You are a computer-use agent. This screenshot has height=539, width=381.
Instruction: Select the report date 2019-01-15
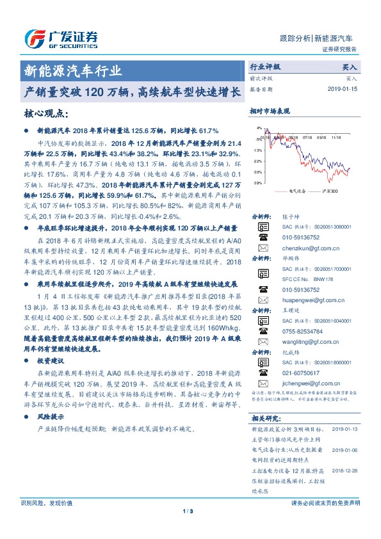[343, 89]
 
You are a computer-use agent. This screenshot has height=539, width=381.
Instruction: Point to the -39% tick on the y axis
[257, 182]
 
